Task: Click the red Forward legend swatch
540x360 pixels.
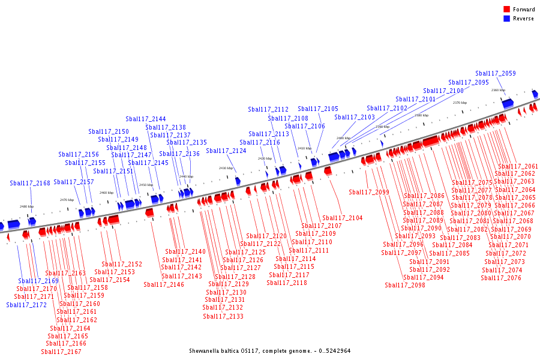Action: coord(506,9)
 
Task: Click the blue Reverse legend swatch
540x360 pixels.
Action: coord(506,18)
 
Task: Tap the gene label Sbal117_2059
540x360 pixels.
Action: coord(495,74)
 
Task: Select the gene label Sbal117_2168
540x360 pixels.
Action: coord(30,184)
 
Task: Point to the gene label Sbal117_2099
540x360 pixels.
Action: coord(369,193)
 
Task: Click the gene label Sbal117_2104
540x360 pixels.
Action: coord(342,218)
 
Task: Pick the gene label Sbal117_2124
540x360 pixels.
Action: coord(226,151)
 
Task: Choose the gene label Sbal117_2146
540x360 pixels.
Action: coord(164,284)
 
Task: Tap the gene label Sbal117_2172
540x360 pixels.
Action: coord(26,305)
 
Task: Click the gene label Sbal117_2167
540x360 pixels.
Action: coord(61,352)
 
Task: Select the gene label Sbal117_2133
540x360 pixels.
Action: coord(223,316)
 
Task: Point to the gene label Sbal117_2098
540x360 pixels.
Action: coord(405,285)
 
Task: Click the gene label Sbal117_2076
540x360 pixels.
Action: coord(501,278)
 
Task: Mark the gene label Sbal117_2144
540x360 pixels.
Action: coord(146,119)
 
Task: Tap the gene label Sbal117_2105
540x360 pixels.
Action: coord(318,109)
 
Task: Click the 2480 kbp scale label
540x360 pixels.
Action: coord(26,206)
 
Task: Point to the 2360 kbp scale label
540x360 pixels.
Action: coord(498,90)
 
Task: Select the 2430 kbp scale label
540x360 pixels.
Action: coord(226,168)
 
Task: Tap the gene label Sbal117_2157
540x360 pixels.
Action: coord(74,182)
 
